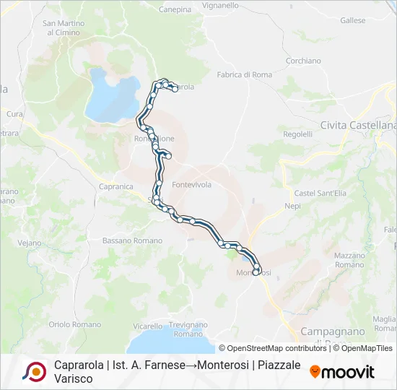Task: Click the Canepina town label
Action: pyautogui.click(x=175, y=9)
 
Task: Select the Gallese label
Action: pyautogui.click(x=354, y=21)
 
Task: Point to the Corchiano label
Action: pyautogui.click(x=303, y=61)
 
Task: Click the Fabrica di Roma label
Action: pyautogui.click(x=244, y=74)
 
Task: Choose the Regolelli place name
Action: pyautogui.click(x=297, y=134)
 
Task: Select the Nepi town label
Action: pyautogui.click(x=292, y=206)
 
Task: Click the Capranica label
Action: pyautogui.click(x=115, y=186)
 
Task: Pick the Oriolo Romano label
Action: pyautogui.click(x=75, y=325)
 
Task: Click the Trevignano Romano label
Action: pyautogui.click(x=188, y=329)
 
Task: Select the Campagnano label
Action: pyautogui.click(x=335, y=331)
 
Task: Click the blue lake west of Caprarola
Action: pyautogui.click(x=111, y=94)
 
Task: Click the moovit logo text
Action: pyautogui.click(x=347, y=372)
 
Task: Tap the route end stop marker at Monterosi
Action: pyautogui.click(x=256, y=272)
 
